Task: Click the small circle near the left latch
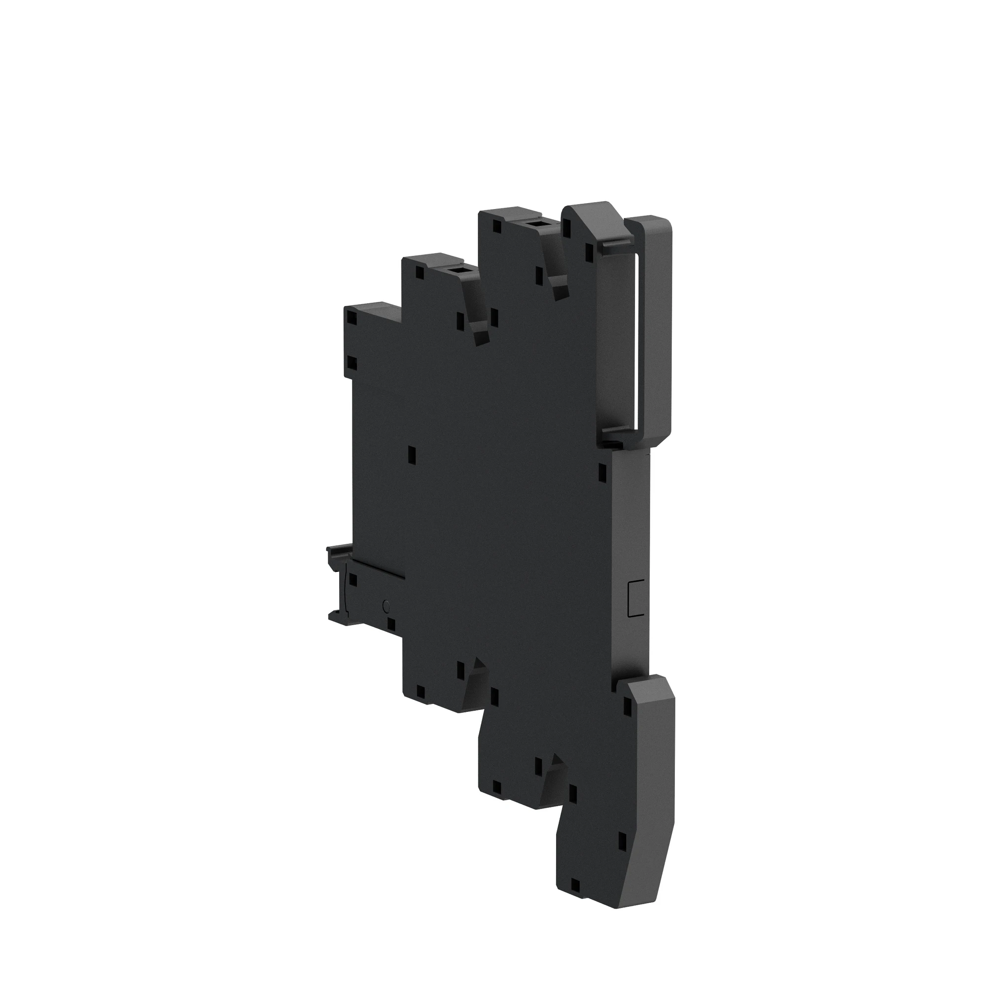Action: click(386, 606)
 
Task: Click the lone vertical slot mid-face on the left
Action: click(412, 454)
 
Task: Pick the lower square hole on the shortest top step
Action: click(351, 363)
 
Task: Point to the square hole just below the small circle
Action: click(391, 624)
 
